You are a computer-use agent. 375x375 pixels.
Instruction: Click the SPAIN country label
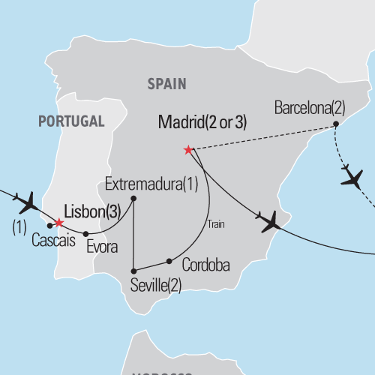pyautogui.click(x=166, y=85)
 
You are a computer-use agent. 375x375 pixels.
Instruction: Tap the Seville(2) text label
pyautogui.click(x=156, y=284)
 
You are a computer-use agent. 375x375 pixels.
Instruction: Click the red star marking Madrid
pyautogui.click(x=188, y=150)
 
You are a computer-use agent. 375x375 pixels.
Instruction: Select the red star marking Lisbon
pyautogui.click(x=58, y=223)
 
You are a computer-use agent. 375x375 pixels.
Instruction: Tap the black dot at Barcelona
pyautogui.click(x=336, y=124)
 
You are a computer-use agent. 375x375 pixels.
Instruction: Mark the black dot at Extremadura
pyautogui.click(x=133, y=199)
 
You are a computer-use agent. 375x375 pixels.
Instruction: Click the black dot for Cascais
pyautogui.click(x=49, y=225)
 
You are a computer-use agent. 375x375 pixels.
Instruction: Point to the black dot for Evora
pyautogui.click(x=86, y=233)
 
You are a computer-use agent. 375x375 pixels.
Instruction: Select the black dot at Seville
pyautogui.click(x=133, y=271)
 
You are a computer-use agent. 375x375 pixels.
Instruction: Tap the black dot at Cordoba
pyautogui.click(x=169, y=262)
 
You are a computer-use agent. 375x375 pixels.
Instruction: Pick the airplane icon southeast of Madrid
pyautogui.click(x=269, y=220)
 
